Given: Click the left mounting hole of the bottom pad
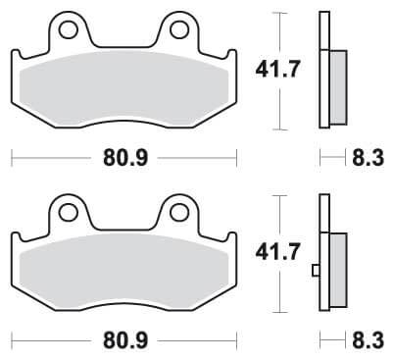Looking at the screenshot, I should point(68,210).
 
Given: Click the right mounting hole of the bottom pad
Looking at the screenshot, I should point(178,210).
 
